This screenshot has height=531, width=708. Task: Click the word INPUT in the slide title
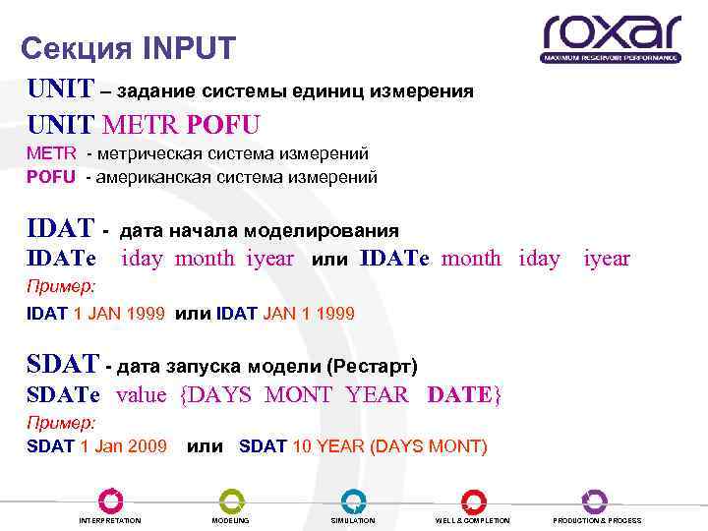click(x=188, y=47)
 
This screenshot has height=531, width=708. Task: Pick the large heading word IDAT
click(x=61, y=230)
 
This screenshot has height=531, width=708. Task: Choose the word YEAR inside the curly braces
click(x=378, y=395)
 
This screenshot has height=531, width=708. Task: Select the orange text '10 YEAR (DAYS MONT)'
click(x=389, y=446)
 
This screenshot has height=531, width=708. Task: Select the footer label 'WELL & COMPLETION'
click(x=472, y=520)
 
